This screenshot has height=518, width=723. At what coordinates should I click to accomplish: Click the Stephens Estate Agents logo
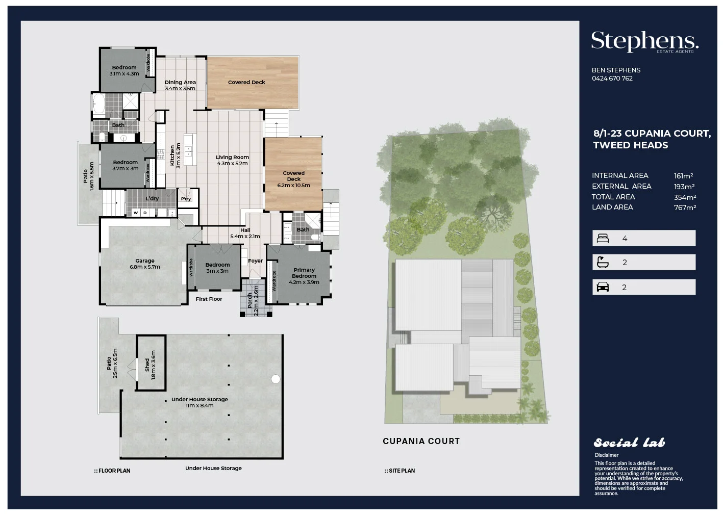click(x=644, y=41)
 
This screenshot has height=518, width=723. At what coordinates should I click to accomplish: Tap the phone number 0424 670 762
click(x=612, y=79)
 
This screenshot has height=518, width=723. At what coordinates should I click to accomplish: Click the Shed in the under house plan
click(x=151, y=364)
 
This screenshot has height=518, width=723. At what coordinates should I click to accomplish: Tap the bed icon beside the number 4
click(x=603, y=238)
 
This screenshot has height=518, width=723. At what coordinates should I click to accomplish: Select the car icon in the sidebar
click(x=603, y=287)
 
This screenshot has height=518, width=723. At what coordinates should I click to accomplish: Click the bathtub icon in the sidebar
click(x=603, y=263)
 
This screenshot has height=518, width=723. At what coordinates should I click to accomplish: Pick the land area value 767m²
click(x=685, y=208)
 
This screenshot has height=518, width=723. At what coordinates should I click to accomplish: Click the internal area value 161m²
click(x=683, y=176)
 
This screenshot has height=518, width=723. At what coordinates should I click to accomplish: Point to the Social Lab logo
click(x=629, y=443)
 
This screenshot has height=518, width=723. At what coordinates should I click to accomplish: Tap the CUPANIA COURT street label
click(x=421, y=441)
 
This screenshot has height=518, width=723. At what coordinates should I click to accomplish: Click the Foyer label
click(x=255, y=261)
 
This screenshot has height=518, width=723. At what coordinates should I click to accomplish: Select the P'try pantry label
click(x=186, y=199)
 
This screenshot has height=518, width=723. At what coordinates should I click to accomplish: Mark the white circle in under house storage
click(x=276, y=379)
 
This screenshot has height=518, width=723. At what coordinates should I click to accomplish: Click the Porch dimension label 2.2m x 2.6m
click(x=256, y=301)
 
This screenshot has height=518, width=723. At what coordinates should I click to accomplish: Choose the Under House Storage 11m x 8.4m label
click(x=200, y=402)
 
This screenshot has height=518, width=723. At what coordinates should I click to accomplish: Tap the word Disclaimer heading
click(x=606, y=455)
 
